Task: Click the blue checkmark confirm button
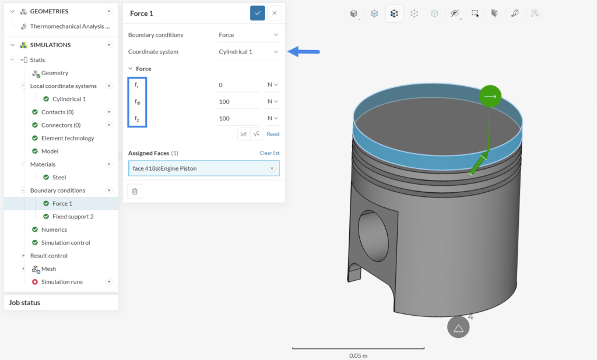[257, 13]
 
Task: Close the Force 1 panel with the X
[275, 13]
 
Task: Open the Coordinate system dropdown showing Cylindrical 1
[248, 52]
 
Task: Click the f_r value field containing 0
[238, 85]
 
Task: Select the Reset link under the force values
[273, 134]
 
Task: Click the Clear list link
[269, 153]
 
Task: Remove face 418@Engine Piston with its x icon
[272, 168]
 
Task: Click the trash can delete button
[135, 192]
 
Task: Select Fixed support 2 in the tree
[73, 217]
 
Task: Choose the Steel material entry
[59, 177]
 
